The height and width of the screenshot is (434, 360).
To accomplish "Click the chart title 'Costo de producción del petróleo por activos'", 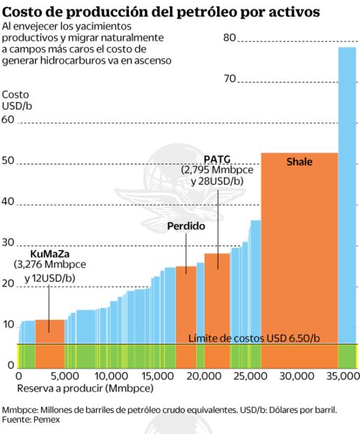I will (162, 12).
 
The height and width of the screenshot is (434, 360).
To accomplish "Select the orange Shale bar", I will (299, 259).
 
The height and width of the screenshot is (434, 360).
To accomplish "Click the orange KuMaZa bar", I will (50, 343).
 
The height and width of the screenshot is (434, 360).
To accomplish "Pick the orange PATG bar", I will (217, 308).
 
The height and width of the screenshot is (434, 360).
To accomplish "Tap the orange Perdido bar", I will (186, 315).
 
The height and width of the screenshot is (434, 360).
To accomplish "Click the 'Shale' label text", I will (299, 162).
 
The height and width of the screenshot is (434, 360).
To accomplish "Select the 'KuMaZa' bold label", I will (49, 253).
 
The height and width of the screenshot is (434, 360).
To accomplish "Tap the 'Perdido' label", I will (186, 226).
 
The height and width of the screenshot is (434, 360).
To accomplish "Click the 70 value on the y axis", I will (229, 78).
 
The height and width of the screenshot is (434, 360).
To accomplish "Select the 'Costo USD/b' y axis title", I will (17, 100).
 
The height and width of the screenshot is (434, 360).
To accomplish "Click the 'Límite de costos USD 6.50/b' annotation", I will (254, 338).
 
